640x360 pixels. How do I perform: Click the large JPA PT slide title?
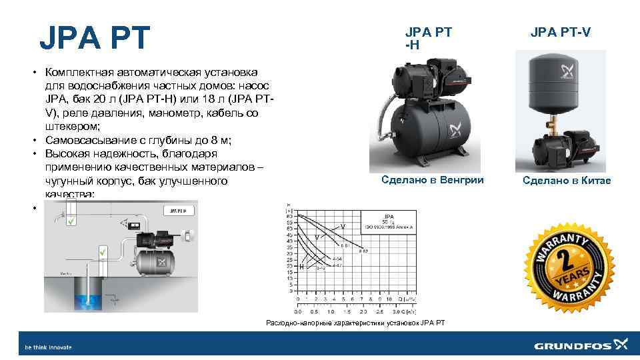point(96,38)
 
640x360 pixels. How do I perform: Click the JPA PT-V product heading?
point(560,32)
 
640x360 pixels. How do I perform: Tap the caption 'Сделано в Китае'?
point(566,181)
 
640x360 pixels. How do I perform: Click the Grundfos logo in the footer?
point(581,345)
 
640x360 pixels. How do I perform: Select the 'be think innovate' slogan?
point(48,347)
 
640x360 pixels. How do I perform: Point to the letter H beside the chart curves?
point(301,267)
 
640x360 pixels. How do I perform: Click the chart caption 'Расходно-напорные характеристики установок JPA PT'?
point(355,323)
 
